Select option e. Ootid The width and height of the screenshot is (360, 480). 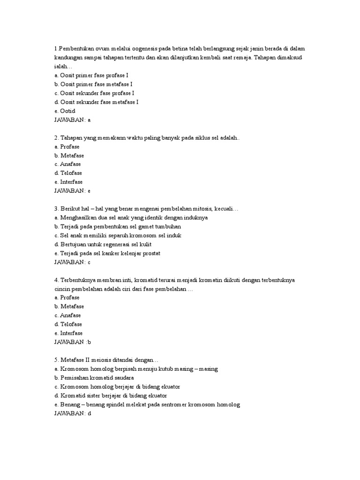(x=65, y=111)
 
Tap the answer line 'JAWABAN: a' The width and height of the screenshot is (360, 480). (x=73, y=120)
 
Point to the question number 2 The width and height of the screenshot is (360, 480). (x=56, y=138)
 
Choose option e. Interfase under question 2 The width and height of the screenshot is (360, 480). (x=68, y=182)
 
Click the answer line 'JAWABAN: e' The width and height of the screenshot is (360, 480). (x=73, y=191)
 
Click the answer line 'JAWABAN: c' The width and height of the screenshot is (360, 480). (x=73, y=262)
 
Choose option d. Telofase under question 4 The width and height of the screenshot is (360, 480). (x=68, y=324)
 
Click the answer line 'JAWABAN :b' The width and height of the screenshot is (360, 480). (x=73, y=342)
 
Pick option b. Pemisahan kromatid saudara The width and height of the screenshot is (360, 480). (x=94, y=378)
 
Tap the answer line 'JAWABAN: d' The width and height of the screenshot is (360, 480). (x=73, y=413)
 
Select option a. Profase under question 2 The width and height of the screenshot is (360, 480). (x=67, y=146)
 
